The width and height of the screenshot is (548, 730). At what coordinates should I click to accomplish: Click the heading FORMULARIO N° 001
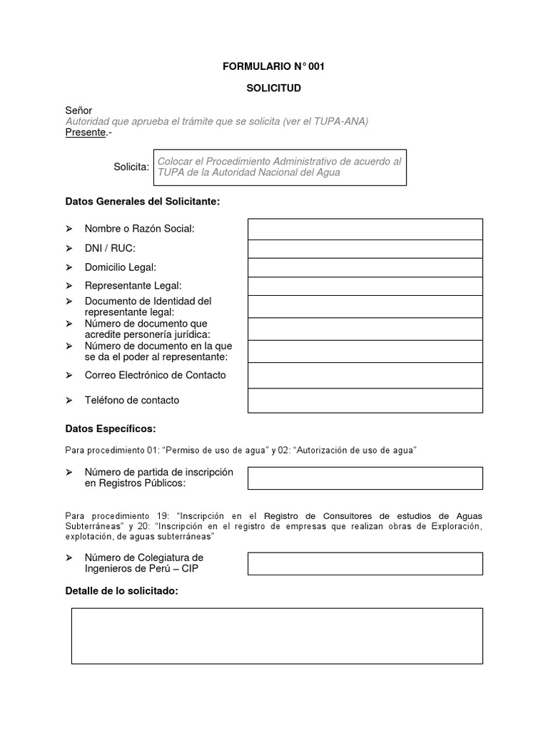[273, 66]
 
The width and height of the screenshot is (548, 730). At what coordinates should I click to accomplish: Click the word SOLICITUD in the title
[273, 88]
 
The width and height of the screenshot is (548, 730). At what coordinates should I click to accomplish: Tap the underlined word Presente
[86, 133]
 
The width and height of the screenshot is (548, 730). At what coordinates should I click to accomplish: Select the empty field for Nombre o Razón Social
[365, 229]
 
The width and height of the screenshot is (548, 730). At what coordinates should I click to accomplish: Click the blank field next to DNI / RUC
[365, 249]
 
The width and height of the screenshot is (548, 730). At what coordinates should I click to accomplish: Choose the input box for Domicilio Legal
[365, 267]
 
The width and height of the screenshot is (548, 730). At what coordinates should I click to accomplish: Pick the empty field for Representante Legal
[365, 286]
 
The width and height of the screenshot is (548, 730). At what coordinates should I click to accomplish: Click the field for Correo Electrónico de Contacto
[365, 375]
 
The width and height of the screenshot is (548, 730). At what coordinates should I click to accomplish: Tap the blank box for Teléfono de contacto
[365, 401]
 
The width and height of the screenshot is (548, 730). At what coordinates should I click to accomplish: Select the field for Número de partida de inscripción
[365, 478]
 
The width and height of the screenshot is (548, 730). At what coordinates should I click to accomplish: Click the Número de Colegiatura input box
[365, 563]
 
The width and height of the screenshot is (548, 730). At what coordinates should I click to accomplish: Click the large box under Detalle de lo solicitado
[277, 636]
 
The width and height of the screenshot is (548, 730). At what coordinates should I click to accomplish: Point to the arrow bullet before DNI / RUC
[69, 248]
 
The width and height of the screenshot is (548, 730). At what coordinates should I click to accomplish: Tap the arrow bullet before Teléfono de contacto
[69, 400]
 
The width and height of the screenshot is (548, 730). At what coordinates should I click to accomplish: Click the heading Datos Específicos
[110, 428]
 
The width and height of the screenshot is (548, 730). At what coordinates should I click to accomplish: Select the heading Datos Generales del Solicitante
[143, 202]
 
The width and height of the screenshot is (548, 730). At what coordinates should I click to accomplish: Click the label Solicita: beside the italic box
[131, 167]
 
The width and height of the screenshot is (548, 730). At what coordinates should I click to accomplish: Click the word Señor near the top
[78, 110]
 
